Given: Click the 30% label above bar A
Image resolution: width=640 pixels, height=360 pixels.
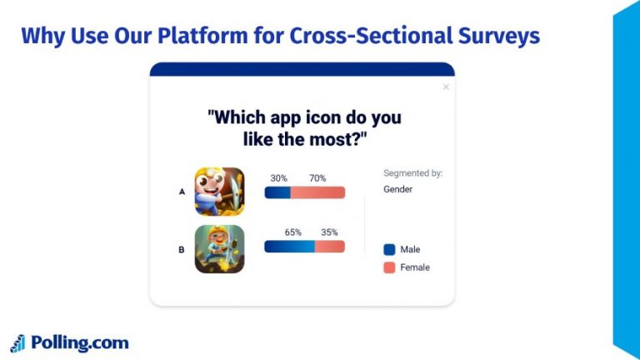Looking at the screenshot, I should (x=278, y=178).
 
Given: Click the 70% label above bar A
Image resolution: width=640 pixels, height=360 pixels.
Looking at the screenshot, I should (x=317, y=178).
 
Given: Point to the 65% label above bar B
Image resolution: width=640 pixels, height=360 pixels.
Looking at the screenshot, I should (x=292, y=232).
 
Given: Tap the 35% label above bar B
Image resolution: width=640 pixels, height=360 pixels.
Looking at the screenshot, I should (x=329, y=232).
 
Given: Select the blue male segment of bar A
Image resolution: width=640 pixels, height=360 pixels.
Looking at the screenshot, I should (x=277, y=192).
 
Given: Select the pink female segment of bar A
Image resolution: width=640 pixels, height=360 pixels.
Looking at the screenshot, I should (x=317, y=192).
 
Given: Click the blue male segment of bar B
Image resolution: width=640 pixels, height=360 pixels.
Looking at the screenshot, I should (x=289, y=247).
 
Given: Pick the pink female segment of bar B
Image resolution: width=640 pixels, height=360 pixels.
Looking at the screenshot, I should (x=330, y=247).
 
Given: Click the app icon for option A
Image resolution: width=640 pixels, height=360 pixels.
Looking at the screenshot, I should (x=219, y=192).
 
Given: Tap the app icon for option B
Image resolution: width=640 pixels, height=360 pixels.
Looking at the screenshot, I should (x=219, y=249).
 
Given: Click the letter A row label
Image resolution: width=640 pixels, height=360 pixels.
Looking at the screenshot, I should (x=182, y=192).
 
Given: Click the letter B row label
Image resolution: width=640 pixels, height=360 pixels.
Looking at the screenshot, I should (x=182, y=249).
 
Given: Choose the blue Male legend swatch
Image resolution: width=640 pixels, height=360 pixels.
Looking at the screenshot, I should (x=389, y=249).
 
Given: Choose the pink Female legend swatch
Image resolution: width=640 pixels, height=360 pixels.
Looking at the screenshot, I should (x=389, y=267).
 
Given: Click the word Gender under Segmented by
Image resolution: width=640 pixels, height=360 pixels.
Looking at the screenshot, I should (x=397, y=189).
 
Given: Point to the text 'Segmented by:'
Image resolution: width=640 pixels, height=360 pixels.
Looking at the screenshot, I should (x=412, y=173).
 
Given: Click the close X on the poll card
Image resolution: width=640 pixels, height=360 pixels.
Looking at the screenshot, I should (x=446, y=87).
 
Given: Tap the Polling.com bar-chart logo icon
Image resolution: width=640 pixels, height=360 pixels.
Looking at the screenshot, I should (x=17, y=343).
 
